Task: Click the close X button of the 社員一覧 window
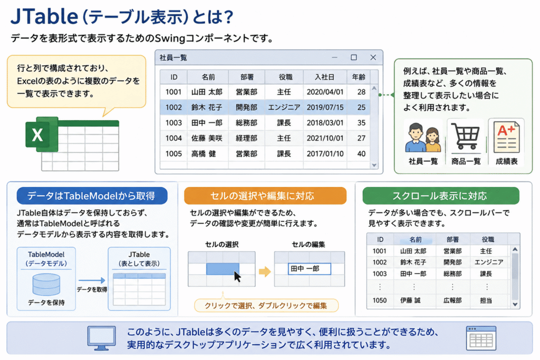[x=373, y=57]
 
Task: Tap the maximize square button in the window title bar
[x=354, y=57]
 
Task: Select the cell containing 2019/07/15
[x=325, y=108]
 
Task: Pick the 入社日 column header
[x=325, y=77]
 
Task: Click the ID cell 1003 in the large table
[x=173, y=123]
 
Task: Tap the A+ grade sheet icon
[x=506, y=138]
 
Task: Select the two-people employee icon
[x=423, y=138]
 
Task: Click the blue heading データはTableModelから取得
[x=92, y=196]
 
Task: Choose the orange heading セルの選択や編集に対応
[x=265, y=196]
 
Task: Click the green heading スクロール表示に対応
[x=441, y=196]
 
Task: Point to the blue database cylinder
[x=46, y=285]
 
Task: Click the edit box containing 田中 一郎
[x=309, y=269]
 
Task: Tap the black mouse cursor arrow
[x=237, y=276]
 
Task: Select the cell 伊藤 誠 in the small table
[x=410, y=300]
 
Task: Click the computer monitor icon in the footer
[x=101, y=338]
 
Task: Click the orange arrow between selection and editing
[x=265, y=271]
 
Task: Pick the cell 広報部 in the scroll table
[x=452, y=300]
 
